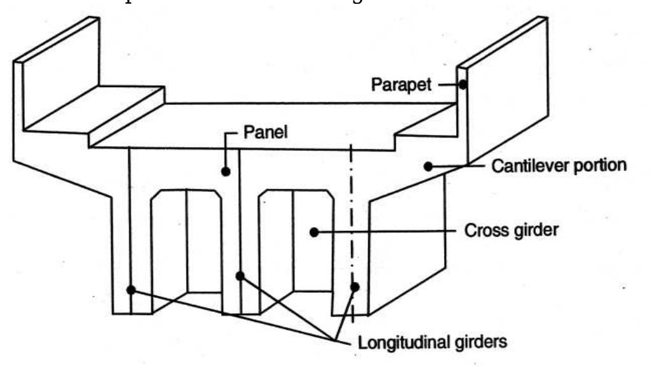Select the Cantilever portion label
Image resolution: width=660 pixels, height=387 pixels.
pos(559,165)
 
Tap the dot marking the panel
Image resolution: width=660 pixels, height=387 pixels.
pos(226,171)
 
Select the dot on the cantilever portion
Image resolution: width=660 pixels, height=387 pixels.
pos(427,165)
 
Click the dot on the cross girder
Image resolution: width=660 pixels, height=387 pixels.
pos(313,232)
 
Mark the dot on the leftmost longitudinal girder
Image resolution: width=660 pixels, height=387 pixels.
pos(131,290)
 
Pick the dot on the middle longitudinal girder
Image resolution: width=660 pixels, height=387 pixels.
pos(240,276)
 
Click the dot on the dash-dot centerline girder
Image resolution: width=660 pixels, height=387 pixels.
pos(355,287)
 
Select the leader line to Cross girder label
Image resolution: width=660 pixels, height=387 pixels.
pos(389,232)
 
